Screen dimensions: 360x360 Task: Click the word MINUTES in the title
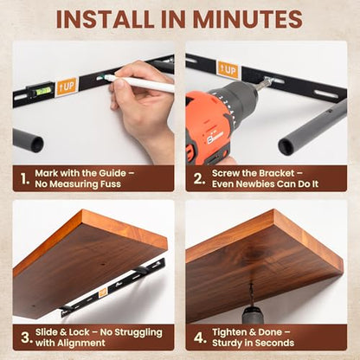click(x=247, y=19)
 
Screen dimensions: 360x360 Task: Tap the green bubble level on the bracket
click(x=43, y=91)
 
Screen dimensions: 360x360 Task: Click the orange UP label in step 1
click(x=66, y=86)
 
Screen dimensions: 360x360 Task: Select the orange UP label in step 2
click(x=228, y=70)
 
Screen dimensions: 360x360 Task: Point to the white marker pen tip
click(x=102, y=77)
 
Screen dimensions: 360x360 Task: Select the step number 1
click(x=25, y=179)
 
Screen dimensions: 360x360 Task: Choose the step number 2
click(x=199, y=179)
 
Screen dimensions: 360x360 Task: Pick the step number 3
click(x=26, y=337)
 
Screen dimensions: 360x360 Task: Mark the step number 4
click(x=200, y=337)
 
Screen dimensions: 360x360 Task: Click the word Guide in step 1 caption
click(x=112, y=173)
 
